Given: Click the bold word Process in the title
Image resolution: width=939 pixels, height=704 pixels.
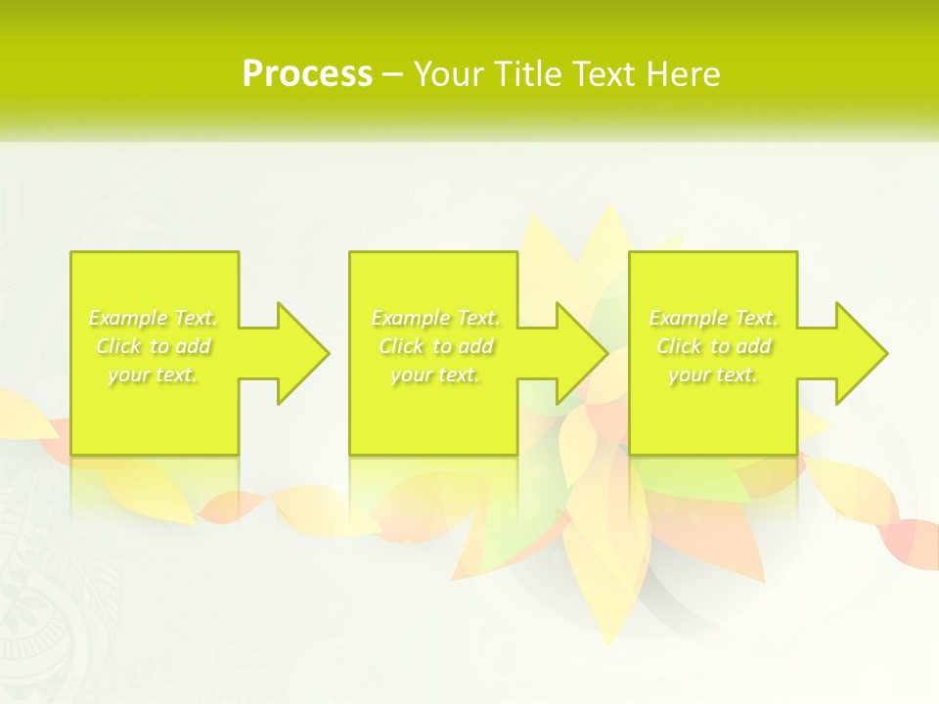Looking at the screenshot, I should [x=307, y=74].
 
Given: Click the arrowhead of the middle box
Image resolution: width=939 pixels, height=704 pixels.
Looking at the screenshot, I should [x=581, y=353].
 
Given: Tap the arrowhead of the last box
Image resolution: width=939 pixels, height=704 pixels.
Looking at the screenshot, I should [x=861, y=353].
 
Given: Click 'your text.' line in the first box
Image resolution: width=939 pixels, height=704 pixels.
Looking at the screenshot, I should [x=153, y=374].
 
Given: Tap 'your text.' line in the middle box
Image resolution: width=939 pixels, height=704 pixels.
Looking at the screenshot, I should [x=435, y=374].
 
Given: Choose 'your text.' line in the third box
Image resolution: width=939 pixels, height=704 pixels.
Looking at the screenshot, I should [x=713, y=374].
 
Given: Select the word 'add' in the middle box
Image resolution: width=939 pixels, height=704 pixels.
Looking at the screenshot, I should [x=475, y=346].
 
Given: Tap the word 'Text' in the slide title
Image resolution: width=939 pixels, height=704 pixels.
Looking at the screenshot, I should [x=604, y=74].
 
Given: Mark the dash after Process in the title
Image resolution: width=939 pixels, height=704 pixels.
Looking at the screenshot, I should [x=393, y=74].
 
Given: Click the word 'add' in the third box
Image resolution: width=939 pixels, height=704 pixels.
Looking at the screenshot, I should [x=753, y=346].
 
